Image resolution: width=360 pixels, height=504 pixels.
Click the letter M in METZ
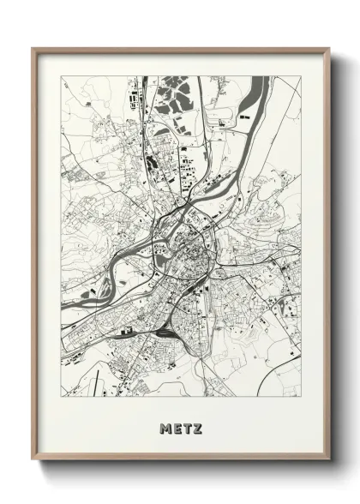tap(165, 427)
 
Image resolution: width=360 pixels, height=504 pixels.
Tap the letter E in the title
tap(176, 427)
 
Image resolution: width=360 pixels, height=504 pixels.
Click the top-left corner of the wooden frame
tap(33, 49)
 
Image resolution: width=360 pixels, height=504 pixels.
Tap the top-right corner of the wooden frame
tap(329, 49)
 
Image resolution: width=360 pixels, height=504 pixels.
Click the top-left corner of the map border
tap(61, 76)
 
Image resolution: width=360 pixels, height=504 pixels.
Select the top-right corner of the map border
tap(301, 76)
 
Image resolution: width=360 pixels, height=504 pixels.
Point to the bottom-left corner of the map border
tap(61, 397)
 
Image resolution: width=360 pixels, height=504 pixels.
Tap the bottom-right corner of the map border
tap(301, 397)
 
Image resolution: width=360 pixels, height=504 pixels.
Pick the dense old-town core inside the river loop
tap(194, 249)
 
